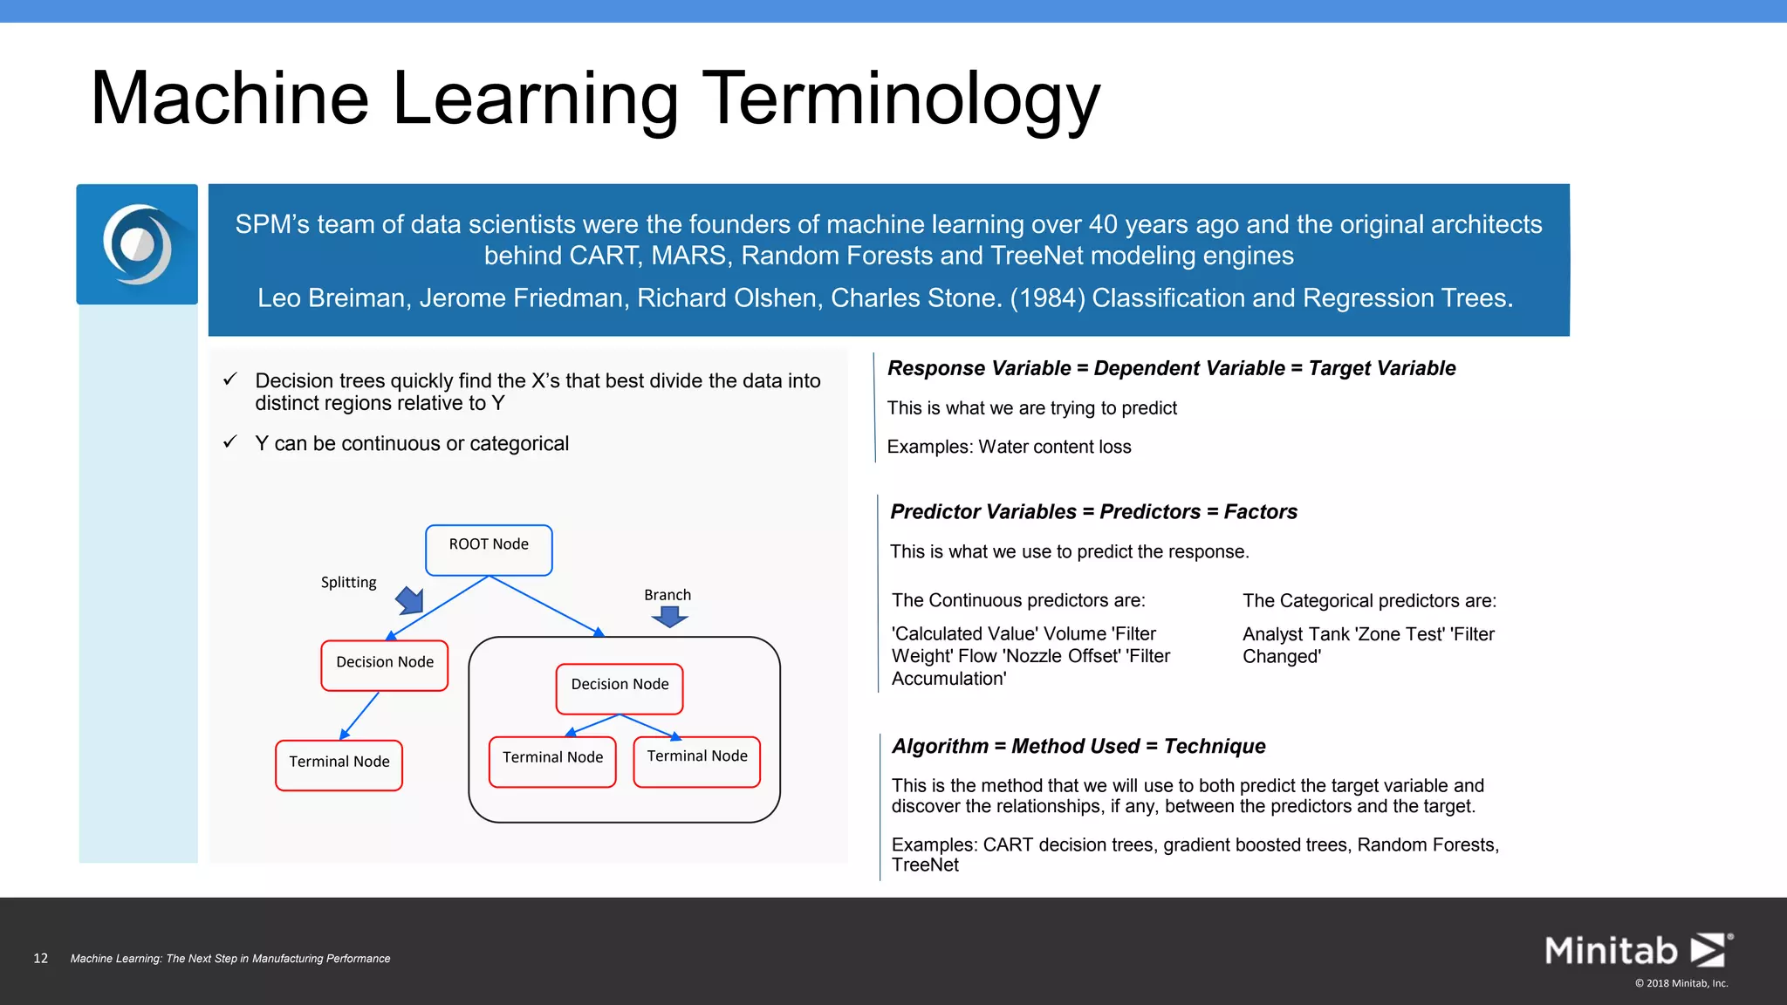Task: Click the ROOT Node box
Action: coord(489,550)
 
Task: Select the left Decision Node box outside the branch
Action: coord(385,666)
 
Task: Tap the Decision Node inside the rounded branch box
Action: coord(620,688)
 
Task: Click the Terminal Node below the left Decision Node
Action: coord(339,765)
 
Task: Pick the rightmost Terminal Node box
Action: coord(696,762)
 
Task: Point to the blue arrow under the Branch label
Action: coord(669,617)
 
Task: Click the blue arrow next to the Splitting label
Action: coord(410,600)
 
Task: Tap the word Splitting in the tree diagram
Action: coord(348,582)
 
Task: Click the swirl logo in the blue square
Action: coord(137,244)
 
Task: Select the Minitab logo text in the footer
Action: coord(1611,950)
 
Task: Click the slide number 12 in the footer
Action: coord(40,958)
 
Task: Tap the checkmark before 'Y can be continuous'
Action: coord(230,442)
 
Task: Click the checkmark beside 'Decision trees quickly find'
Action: coord(230,379)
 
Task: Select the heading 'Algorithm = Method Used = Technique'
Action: coord(1078,746)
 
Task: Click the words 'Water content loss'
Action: coord(1055,447)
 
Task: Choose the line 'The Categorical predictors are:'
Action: coord(1369,600)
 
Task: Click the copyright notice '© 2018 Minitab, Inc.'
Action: coord(1681,983)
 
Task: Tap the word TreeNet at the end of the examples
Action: coord(925,865)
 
